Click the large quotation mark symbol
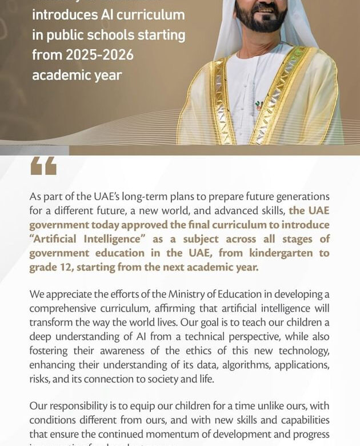(43, 166)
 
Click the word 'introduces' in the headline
(65, 14)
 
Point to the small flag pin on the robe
(258, 106)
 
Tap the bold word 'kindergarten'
(278, 253)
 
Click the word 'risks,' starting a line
(42, 379)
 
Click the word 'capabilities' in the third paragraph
(297, 420)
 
